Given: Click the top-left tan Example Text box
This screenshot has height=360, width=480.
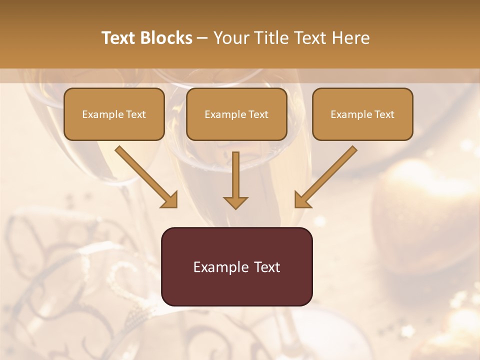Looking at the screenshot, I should (x=114, y=114).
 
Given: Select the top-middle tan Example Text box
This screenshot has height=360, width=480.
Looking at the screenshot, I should (x=236, y=114).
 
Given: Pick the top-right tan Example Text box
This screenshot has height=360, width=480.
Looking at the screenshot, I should (x=362, y=114).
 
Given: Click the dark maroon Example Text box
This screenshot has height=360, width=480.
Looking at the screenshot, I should (x=236, y=266).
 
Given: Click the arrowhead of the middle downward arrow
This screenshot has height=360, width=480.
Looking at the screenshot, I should (x=235, y=202).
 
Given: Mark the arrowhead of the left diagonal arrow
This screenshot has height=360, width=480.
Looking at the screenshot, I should (x=170, y=200).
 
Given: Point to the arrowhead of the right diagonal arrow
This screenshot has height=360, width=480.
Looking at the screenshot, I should (x=302, y=200).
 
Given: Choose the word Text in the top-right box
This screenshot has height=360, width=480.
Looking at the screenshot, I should (x=384, y=114).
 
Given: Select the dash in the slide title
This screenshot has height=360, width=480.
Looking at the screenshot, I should (x=203, y=38).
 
